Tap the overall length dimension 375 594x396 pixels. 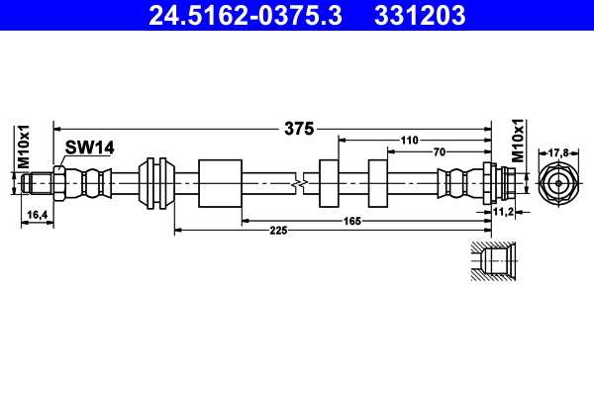(x=299, y=128)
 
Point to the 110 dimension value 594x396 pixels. (x=415, y=142)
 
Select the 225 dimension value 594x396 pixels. (x=278, y=230)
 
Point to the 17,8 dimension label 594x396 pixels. (x=558, y=152)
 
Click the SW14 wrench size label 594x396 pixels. (x=90, y=148)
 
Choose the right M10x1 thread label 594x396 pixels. (x=517, y=140)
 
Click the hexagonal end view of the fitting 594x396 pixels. (x=558, y=184)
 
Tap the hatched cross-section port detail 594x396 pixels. (x=491, y=261)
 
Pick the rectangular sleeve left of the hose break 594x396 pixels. (x=220, y=183)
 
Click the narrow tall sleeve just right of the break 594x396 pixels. (x=330, y=183)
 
